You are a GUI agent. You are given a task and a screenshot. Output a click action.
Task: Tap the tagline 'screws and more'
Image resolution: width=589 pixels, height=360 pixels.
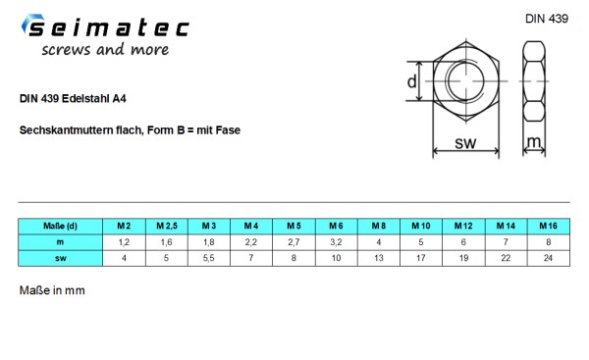[104, 50]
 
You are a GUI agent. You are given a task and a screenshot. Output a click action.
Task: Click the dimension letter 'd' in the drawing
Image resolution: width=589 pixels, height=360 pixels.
[412, 82]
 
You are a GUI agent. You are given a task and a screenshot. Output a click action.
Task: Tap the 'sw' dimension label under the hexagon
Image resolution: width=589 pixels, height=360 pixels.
[466, 143]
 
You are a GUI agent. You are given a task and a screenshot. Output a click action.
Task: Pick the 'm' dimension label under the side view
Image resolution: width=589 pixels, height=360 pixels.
[533, 143]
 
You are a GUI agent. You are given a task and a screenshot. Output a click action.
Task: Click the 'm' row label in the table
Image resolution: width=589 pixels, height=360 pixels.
[61, 241]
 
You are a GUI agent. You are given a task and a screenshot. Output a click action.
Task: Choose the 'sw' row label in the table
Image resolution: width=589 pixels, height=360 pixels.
[61, 257]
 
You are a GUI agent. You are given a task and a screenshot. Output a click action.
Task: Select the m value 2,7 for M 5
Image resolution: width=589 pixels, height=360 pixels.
[294, 241]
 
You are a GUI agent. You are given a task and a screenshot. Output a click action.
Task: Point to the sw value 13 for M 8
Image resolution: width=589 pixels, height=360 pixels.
[378, 257]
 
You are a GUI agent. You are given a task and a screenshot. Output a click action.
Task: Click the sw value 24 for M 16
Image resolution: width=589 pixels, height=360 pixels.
[547, 257]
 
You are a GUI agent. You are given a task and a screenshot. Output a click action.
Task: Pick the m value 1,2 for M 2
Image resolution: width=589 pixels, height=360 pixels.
[125, 241]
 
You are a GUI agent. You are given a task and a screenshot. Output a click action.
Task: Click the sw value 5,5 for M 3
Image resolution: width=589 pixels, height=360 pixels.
[209, 257]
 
